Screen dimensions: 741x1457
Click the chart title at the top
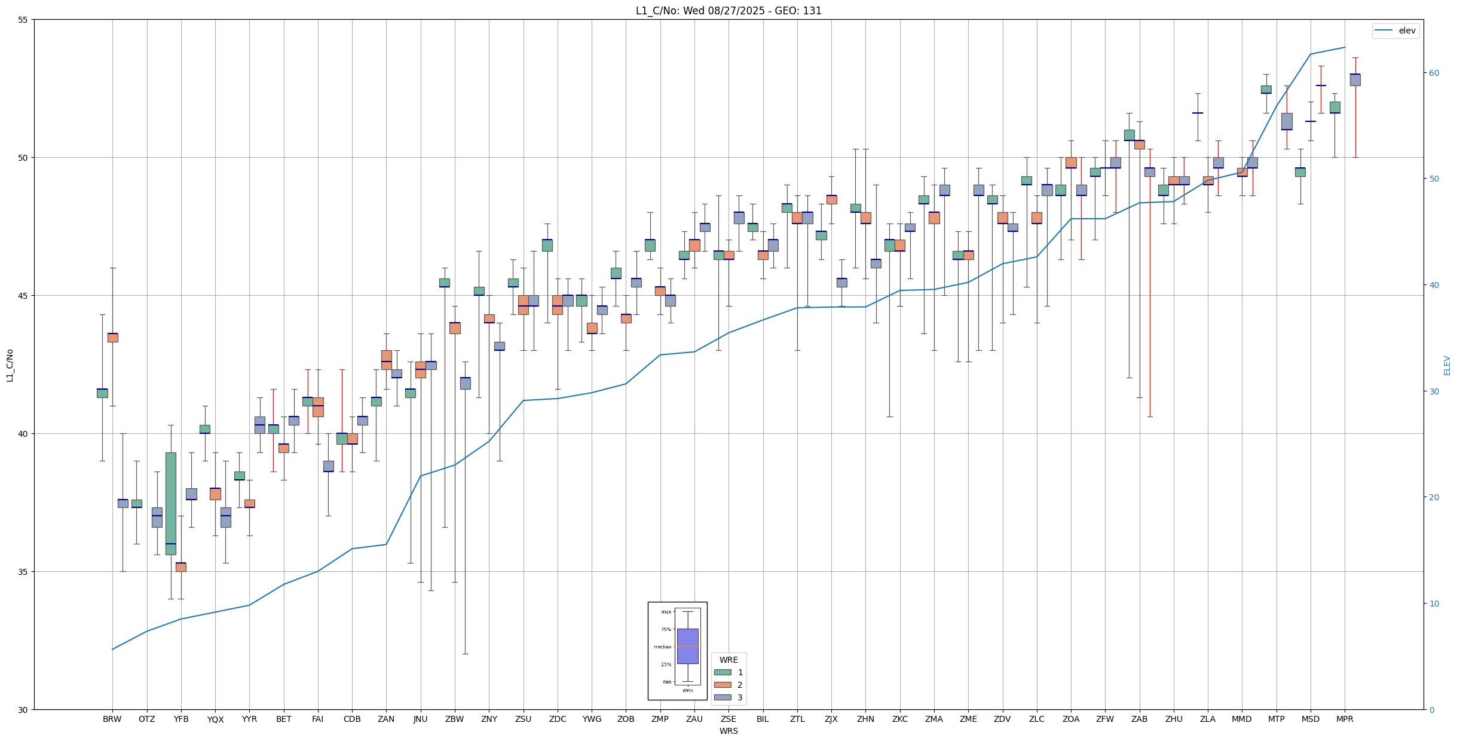coord(728,11)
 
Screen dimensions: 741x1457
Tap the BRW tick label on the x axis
coord(112,719)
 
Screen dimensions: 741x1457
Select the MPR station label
coord(1345,719)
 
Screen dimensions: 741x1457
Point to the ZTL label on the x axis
coord(797,719)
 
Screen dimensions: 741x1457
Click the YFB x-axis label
coord(181,719)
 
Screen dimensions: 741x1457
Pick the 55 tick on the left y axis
coord(24,20)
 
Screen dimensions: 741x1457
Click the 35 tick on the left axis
coord(24,572)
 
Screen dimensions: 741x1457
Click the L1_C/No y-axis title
coord(10,365)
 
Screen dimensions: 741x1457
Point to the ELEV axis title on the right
coord(1447,365)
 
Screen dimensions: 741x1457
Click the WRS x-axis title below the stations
coord(728,731)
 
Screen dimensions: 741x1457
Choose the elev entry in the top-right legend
coord(1407,30)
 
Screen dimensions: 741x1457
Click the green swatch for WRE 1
coord(723,672)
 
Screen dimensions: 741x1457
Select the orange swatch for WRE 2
coord(723,685)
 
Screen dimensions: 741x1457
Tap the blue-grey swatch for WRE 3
coord(723,697)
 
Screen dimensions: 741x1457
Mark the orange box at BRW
coord(112,338)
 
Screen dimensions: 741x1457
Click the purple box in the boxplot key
coord(687,646)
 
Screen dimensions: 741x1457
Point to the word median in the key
coord(662,647)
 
